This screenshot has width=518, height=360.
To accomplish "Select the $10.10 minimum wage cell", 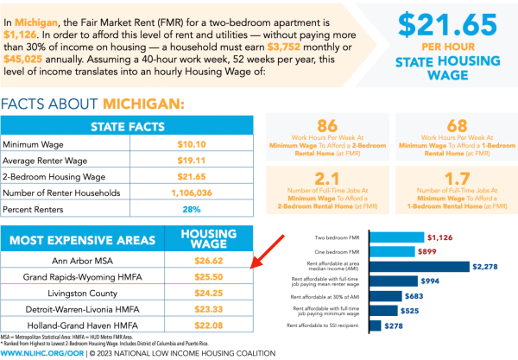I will coord(211,143).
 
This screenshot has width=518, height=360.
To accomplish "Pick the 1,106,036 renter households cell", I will coord(211,193).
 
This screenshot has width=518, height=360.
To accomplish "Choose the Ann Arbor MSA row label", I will coord(89,259).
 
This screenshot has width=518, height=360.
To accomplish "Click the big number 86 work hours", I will coord(327,124).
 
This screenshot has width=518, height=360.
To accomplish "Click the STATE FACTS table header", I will coord(127,126).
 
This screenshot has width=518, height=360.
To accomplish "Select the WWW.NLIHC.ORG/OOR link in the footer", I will coord(41,353).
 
